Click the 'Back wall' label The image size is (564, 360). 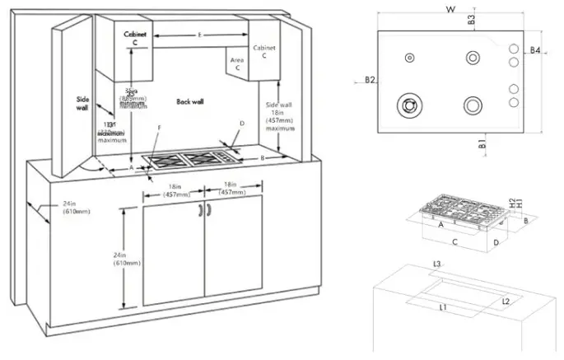pos(190,101)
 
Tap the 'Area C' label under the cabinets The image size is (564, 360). pos(235,65)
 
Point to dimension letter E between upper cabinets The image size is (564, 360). pos(201,35)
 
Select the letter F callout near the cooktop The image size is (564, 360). pos(159,128)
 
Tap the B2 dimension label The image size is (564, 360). pos(370,80)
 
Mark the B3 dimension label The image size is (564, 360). pos(471,19)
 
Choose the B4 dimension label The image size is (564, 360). pos(534,51)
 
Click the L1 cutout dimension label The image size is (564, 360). pos(442,306)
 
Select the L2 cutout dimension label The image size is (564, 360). pos(506,302)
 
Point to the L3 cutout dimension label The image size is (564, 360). pos(437,264)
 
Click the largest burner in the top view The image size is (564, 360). pos(408,105)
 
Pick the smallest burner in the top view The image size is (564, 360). pos(409,58)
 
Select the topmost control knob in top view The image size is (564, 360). pos(513,48)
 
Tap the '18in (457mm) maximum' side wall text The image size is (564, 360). pos(279,117)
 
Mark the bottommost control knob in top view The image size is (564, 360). pos(513,102)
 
